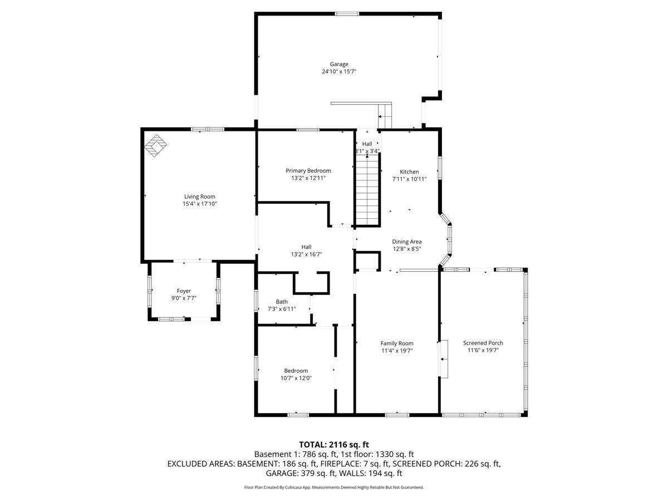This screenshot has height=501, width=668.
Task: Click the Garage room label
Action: (338, 64)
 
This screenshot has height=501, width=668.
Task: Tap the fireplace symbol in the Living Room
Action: (155, 145)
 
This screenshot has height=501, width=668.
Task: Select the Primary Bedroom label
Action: (308, 171)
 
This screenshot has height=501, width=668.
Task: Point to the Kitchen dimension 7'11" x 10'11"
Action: (409, 179)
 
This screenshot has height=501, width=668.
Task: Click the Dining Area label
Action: (406, 242)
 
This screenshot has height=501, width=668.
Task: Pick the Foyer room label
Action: (184, 291)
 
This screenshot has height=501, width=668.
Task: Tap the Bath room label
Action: (282, 302)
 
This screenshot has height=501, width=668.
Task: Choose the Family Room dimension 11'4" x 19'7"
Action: (397, 351)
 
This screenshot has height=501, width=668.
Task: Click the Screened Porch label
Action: (483, 343)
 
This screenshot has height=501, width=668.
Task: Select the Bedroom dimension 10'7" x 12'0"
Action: (296, 378)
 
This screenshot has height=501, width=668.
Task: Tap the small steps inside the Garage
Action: (385, 116)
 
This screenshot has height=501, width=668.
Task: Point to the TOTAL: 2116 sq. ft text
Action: (334, 444)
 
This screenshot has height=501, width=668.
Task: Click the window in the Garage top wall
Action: (347, 14)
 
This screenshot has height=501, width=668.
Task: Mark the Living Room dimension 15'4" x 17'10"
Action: (199, 204)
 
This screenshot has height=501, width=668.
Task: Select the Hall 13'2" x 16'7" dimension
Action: (306, 254)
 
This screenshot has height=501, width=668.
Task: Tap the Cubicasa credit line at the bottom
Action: (334, 487)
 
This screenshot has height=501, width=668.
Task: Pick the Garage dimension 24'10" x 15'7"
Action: (339, 72)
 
